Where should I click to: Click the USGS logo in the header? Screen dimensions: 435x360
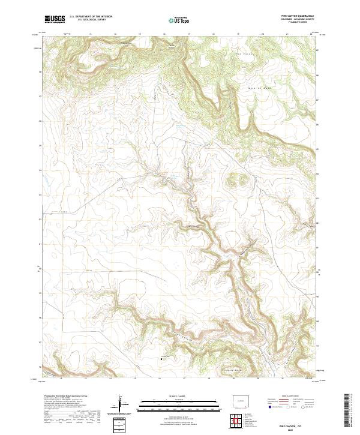55,19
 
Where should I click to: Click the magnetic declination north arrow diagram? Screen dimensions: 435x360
119,405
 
